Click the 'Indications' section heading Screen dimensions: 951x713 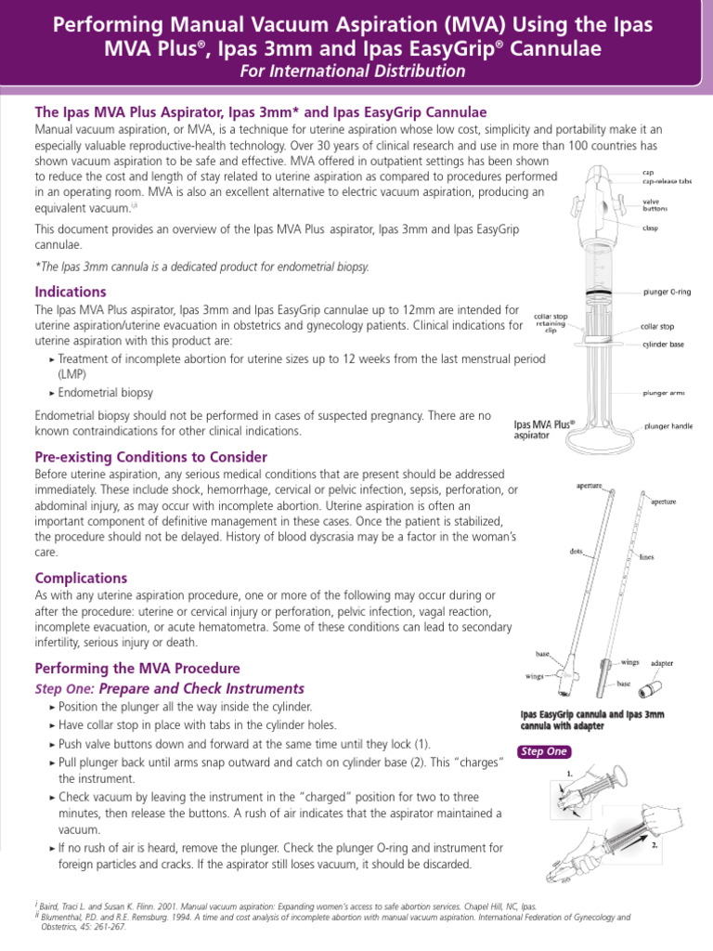coord(71,292)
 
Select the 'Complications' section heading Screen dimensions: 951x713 coord(81,578)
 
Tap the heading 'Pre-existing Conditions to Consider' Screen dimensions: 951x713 coord(150,457)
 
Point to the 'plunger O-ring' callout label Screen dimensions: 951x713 coord(666,292)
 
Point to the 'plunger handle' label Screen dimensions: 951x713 coord(668,426)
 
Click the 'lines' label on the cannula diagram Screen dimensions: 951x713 coord(647,557)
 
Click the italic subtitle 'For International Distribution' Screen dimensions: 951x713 coord(356,71)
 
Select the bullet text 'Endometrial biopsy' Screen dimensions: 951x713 coord(105,393)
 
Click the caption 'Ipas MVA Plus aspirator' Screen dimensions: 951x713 coord(544,429)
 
